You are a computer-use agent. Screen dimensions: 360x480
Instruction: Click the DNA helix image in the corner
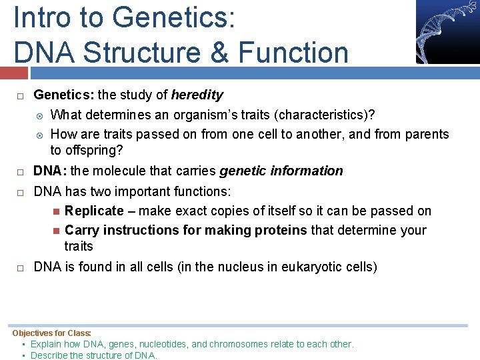click(x=447, y=31)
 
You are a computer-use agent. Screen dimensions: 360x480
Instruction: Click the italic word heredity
click(x=197, y=95)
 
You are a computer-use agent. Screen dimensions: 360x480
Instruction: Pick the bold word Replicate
click(x=94, y=211)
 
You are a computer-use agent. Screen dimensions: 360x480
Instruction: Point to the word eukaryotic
click(x=304, y=267)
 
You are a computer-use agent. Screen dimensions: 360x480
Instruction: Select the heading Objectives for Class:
click(x=52, y=333)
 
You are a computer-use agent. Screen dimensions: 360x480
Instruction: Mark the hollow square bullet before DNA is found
click(x=21, y=268)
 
